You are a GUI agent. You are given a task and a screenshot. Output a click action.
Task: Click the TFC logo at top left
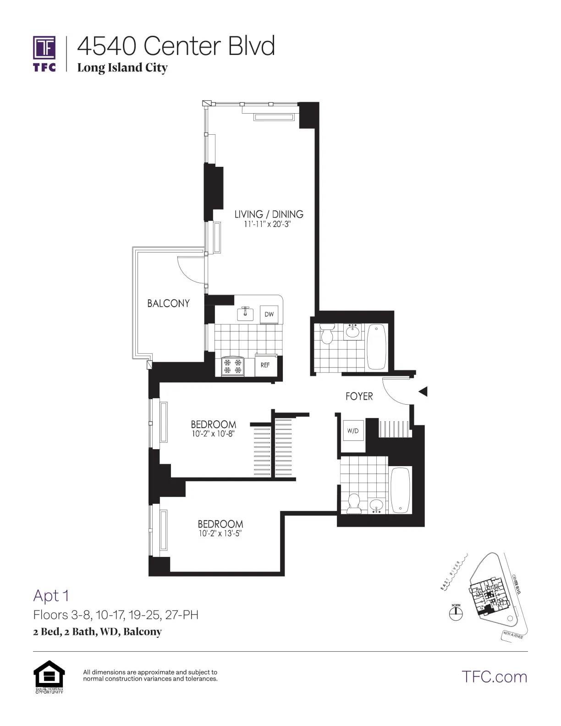point(44,53)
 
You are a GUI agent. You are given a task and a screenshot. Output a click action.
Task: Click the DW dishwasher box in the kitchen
point(269,314)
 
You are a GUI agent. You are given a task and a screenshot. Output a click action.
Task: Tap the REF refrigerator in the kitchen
point(265,365)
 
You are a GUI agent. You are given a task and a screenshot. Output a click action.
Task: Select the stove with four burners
point(232,366)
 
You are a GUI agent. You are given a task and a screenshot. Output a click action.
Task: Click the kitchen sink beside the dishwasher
point(246,313)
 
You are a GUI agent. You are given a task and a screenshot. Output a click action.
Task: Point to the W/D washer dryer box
point(353,431)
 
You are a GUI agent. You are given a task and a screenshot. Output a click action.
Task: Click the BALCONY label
point(168,303)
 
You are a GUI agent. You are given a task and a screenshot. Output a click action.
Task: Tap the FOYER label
point(359,396)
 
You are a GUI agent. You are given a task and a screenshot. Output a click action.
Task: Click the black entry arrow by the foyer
point(423,391)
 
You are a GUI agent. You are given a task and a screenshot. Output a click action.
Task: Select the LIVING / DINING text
point(269,214)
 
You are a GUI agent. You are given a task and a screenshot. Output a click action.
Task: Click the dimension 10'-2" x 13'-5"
point(220,533)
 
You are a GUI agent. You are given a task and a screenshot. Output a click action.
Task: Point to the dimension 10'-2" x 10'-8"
point(213,434)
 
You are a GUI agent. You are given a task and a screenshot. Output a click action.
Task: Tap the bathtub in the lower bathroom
point(401,490)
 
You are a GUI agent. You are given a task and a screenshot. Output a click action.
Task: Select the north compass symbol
point(456,612)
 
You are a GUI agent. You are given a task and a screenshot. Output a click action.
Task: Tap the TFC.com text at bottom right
point(494,676)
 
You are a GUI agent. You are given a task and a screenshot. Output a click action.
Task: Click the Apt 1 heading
point(51,596)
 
